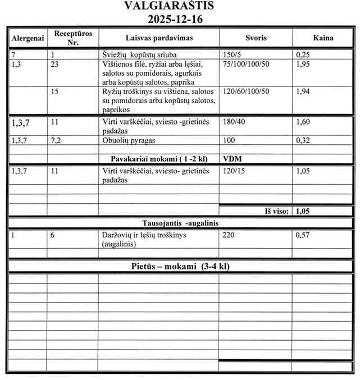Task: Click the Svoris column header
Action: coord(256,39)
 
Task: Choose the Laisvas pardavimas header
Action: coord(159,39)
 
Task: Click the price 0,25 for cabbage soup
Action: coord(304,56)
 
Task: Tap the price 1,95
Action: coord(304,65)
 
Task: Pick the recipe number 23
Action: coord(55,65)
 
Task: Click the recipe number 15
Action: coord(55,91)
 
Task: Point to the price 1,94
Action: coord(304,91)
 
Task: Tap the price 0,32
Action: coord(304,140)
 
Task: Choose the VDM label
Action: coord(233,158)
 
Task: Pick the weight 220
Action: coord(229,236)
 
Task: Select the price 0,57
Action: coord(304,236)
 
